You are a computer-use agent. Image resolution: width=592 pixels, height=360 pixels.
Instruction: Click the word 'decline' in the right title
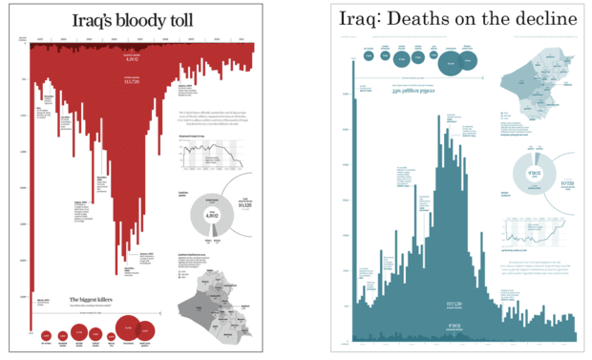pyautogui.click(x=545, y=19)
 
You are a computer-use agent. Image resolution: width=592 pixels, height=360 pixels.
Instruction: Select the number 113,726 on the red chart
pyautogui.click(x=133, y=82)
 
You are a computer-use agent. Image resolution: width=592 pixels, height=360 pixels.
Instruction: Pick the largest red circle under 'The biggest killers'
pyautogui.click(x=128, y=329)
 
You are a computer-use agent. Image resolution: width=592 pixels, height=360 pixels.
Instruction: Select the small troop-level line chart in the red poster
pyautogui.click(x=223, y=156)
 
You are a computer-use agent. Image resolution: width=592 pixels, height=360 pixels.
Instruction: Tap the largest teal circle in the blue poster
pyautogui.click(x=451, y=63)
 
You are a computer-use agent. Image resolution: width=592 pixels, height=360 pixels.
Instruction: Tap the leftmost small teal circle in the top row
pyautogui.click(x=366, y=54)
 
